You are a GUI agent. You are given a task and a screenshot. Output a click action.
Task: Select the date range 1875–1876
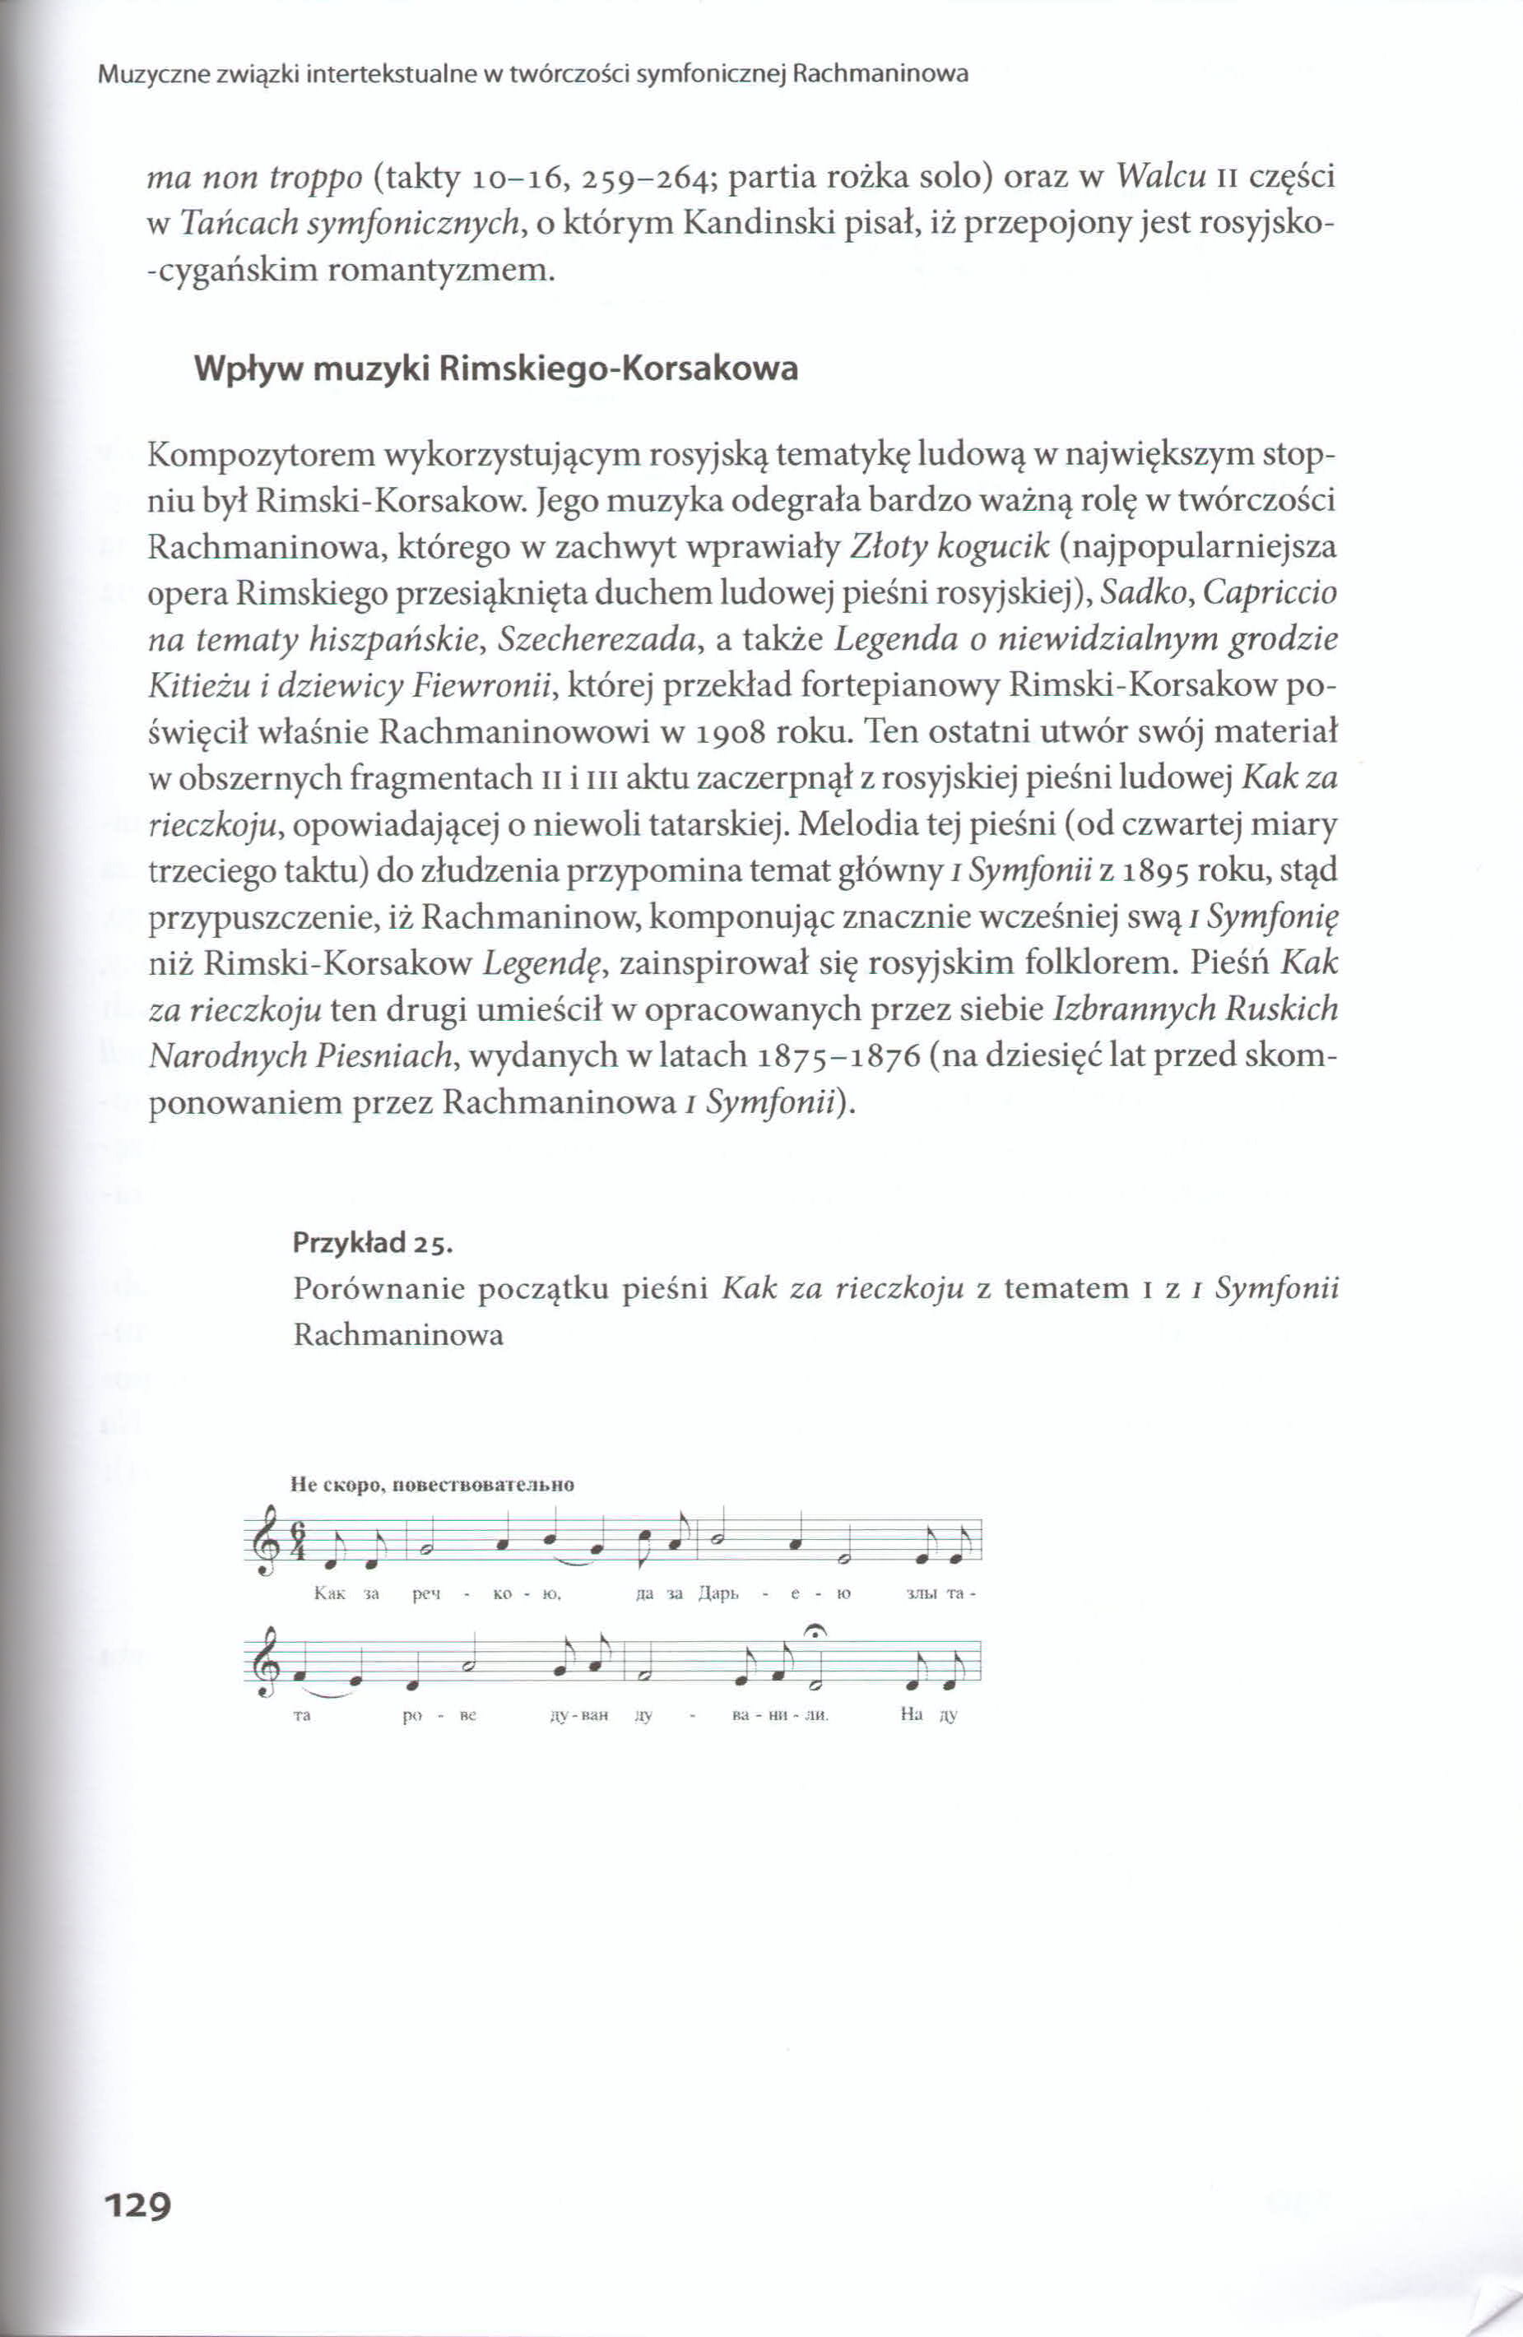(x=839, y=1055)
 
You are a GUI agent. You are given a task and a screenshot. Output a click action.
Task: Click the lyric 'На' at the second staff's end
(x=911, y=1717)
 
